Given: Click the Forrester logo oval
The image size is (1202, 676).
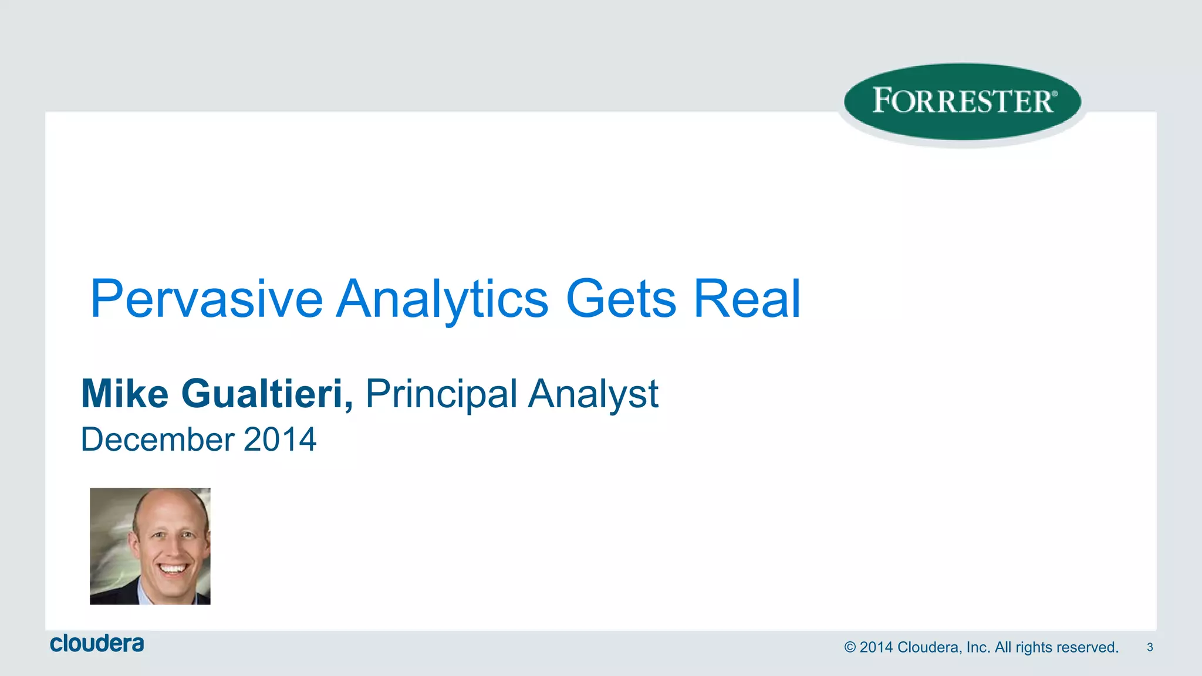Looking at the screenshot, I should (963, 102).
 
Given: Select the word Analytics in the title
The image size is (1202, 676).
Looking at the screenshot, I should (443, 299).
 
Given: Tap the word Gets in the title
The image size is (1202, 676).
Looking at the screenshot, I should (621, 299).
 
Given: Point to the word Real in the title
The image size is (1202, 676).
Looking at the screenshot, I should (747, 299).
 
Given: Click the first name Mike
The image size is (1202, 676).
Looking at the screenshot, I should (125, 394).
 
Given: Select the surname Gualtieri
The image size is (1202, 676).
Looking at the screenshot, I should (262, 394).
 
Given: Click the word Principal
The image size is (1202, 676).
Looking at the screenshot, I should (441, 394).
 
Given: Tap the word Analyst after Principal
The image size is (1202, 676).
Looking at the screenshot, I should (593, 394).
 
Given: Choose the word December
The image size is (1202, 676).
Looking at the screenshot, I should (158, 440).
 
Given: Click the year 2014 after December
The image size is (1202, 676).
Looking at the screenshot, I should (280, 440).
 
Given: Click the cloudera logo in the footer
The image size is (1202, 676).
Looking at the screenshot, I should (97, 644).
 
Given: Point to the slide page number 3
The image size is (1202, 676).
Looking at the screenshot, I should (1150, 647).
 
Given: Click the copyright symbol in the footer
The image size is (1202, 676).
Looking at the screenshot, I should (850, 648).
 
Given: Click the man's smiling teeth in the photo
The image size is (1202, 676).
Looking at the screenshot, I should (174, 568).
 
